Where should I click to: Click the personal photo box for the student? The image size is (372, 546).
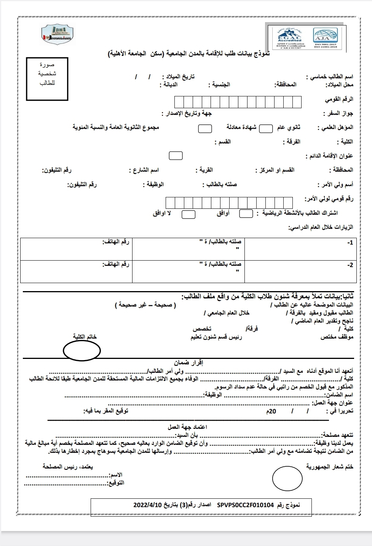[47, 79]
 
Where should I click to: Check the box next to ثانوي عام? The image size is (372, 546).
[265, 128]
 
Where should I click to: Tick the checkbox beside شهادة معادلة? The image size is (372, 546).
[205, 128]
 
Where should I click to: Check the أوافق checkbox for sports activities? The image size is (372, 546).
[246, 214]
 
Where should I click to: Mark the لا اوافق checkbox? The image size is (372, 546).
[188, 214]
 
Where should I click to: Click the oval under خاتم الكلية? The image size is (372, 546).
[81, 350]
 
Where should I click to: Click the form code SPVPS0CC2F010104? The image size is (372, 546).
[246, 505]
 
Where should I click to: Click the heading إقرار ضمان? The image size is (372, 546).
[189, 363]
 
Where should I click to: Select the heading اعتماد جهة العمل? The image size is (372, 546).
[187, 427]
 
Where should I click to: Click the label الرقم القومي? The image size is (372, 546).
[339, 99]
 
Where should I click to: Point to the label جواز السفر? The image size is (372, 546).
[338, 114]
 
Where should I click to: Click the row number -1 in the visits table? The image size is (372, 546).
[350, 243]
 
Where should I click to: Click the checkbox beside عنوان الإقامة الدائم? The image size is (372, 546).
[176, 155]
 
